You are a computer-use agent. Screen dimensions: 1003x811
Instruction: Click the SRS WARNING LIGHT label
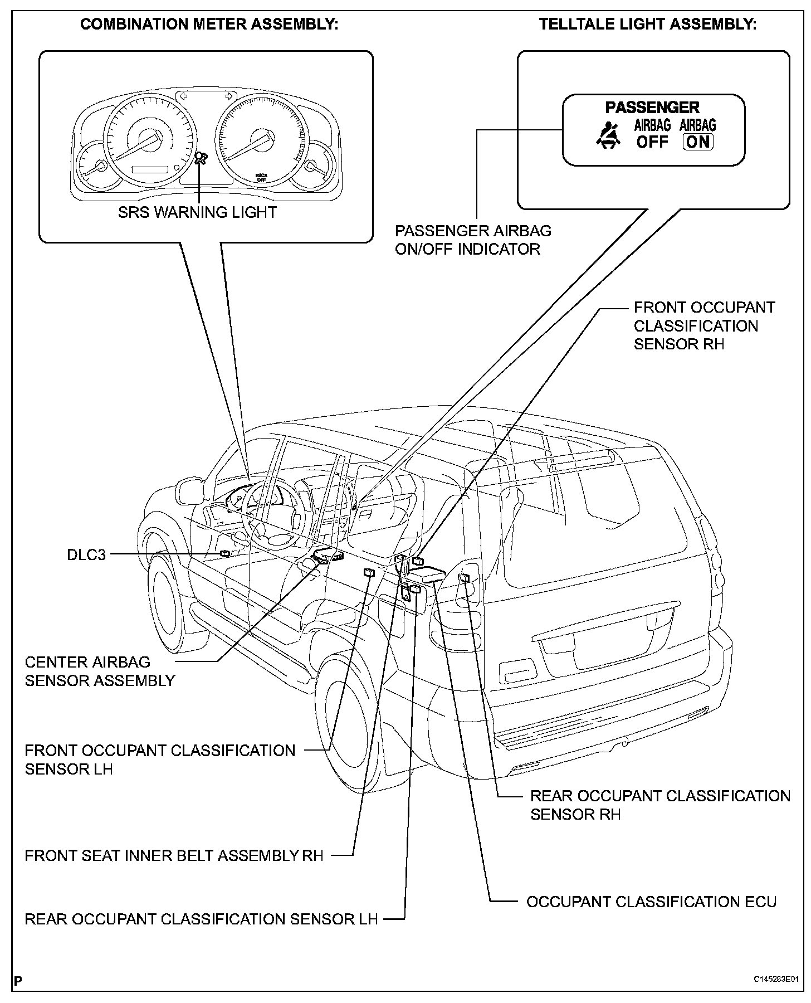coord(197,212)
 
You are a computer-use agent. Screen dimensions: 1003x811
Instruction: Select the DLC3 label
coord(86,555)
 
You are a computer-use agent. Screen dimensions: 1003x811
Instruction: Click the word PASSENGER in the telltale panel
coord(652,107)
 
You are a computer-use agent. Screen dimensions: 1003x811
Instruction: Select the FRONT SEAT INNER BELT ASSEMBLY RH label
coord(174,855)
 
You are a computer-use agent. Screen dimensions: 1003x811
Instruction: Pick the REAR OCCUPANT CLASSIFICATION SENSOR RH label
coord(660,805)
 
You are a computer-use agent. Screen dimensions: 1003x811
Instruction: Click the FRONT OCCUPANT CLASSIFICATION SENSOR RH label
coord(704,325)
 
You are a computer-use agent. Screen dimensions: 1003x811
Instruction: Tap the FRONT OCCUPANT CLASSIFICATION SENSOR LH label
coord(160,759)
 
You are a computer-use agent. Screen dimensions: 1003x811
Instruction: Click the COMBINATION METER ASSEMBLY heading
coord(209,25)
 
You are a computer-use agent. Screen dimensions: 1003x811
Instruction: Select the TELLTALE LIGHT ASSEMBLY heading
coord(648,25)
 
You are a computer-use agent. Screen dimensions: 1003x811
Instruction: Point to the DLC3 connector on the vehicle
coord(225,553)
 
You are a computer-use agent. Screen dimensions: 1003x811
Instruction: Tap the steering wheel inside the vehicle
coord(273,510)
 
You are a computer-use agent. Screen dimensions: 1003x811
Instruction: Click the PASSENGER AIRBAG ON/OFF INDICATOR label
coord(473,240)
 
